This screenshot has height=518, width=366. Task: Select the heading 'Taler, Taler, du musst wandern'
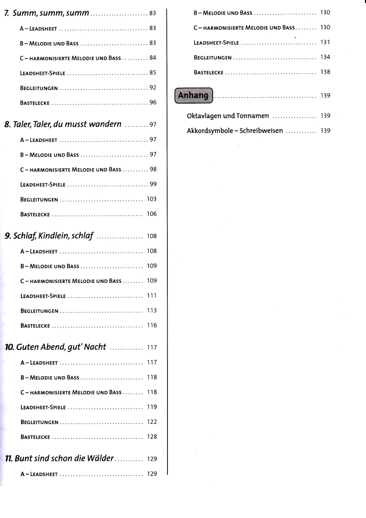point(68,124)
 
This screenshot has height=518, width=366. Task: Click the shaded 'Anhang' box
point(193,95)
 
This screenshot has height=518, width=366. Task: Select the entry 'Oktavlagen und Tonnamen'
point(228,116)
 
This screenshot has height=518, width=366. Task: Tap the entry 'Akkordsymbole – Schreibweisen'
point(235,131)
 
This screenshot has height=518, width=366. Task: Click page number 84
point(153,58)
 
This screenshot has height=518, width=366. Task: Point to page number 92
point(153,87)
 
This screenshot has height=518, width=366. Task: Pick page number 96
point(153,102)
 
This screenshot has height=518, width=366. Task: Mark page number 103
point(151,199)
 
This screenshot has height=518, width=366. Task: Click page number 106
point(151,214)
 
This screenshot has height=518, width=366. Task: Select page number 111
point(151,295)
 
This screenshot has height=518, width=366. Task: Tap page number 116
point(151,325)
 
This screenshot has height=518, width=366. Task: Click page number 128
point(151,437)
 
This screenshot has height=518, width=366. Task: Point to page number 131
point(325,42)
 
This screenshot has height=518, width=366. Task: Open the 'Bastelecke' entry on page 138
point(209,72)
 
